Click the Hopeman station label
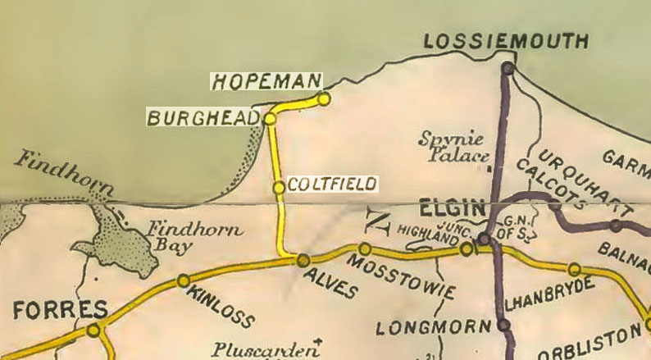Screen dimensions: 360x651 [x=266, y=81]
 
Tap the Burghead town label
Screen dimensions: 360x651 [x=203, y=119]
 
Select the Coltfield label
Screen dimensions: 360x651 [x=333, y=183]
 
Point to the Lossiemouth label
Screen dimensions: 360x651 [x=507, y=42]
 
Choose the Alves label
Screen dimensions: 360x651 [x=331, y=284]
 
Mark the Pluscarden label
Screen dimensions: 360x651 [x=262, y=351]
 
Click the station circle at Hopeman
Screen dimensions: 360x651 [x=324, y=98]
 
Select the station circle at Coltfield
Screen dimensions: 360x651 [x=279, y=188]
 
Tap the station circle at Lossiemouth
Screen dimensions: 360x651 [x=508, y=69]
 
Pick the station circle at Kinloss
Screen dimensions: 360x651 [x=183, y=280]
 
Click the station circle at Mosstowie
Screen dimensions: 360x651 [x=365, y=248]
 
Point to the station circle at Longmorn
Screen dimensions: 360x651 [x=503, y=326]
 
